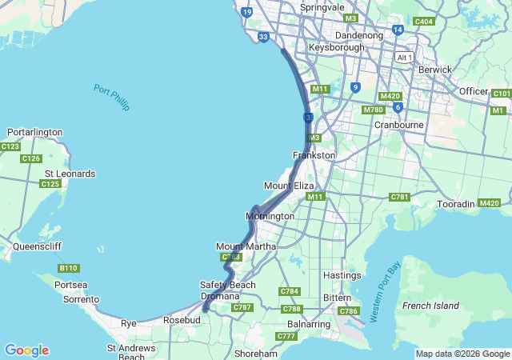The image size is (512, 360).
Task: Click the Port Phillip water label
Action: pos(110,98)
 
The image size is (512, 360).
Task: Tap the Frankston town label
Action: pos(314,155)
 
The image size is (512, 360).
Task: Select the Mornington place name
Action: pos(270,216)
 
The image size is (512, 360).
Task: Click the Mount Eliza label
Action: pos(289,186)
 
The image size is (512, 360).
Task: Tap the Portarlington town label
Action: pos(34,132)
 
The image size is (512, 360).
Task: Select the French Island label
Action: pos(430,306)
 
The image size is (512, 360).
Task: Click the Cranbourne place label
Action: pos(398,125)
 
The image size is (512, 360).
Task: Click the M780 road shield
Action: pos(373,110)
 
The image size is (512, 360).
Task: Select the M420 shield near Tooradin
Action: pos(488,203)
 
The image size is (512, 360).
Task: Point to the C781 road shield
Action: pos(399,197)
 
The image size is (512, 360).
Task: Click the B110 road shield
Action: pos(69,268)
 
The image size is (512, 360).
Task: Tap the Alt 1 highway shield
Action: pos(403,57)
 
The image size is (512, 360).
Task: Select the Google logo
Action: pos(26,350)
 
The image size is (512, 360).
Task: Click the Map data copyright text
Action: pos(462,354)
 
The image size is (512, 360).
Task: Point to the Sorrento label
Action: pos(82,299)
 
